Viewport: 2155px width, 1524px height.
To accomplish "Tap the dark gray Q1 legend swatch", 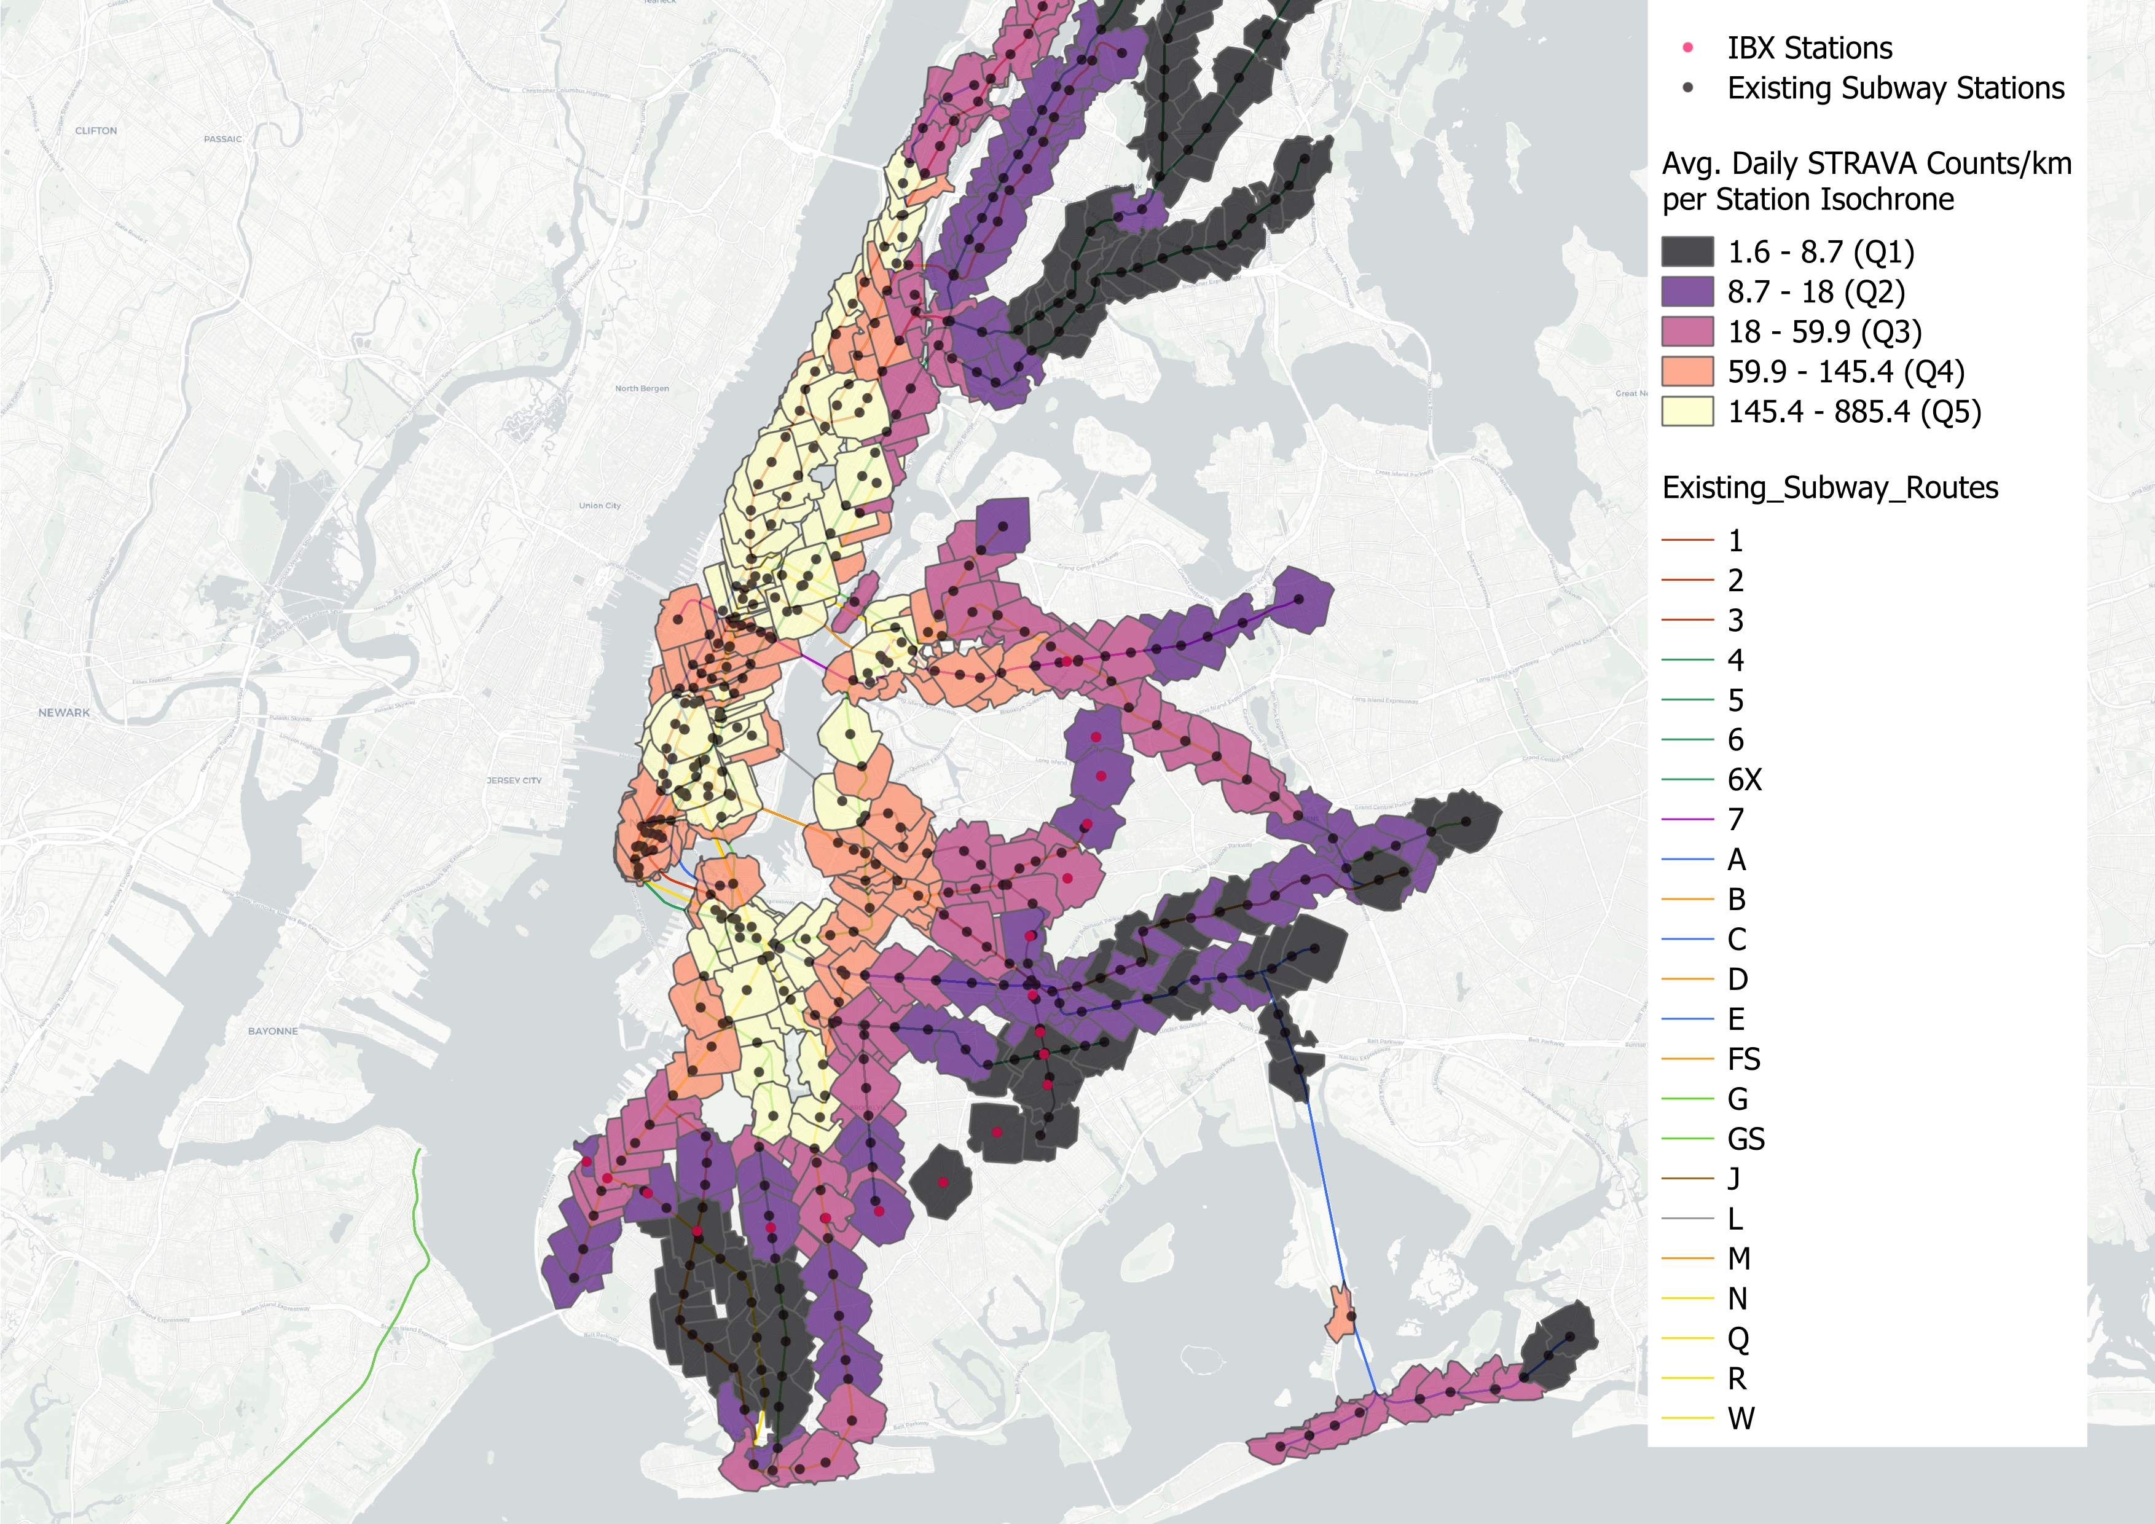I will [x=1687, y=251].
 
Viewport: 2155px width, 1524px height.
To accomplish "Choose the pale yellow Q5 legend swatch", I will [x=1687, y=411].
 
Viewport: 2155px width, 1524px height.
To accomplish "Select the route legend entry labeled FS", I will [x=1743, y=1059].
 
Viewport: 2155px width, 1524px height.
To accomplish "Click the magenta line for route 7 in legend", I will [x=1687, y=819].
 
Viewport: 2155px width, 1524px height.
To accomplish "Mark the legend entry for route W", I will [x=1740, y=1418].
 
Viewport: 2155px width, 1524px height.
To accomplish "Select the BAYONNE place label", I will [x=272, y=1031].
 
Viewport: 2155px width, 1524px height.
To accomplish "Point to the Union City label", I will [x=599, y=506].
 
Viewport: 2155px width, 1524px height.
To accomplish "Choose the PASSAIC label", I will [x=222, y=139].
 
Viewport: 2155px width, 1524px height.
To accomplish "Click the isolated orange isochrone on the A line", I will [x=1340, y=1314].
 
